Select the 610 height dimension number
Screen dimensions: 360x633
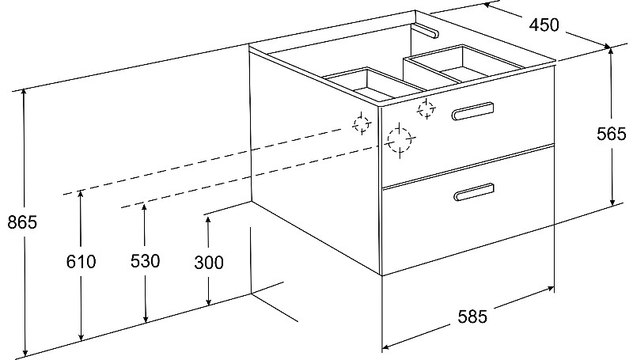81,262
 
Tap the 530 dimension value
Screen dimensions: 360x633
145,262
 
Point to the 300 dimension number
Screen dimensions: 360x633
208,262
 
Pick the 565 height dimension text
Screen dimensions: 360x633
612,135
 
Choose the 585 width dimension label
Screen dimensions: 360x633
472,316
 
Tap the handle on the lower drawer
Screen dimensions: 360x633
473,192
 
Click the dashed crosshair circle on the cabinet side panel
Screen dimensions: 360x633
362,123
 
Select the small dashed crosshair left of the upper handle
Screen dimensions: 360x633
426,108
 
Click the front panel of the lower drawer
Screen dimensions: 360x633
467,222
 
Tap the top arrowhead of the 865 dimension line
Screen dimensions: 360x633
26,92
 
